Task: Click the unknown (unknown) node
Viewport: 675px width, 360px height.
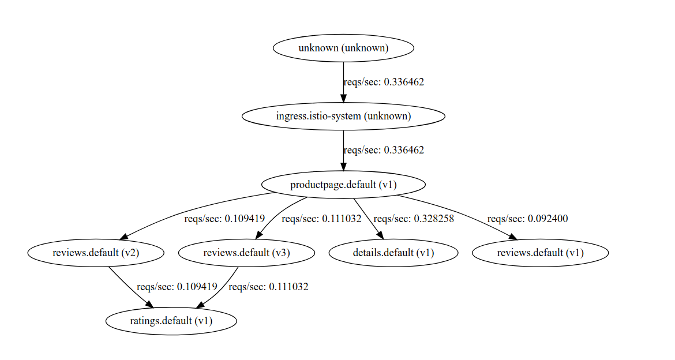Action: pos(343,48)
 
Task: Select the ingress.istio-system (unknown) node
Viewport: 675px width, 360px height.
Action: pos(343,116)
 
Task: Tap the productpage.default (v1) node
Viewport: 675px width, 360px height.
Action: pos(343,185)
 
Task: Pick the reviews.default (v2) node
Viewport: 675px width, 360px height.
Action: pos(96,253)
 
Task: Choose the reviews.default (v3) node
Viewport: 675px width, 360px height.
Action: pos(246,253)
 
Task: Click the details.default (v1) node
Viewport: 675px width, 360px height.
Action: pos(393,253)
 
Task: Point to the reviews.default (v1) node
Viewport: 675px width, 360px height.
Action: pos(540,253)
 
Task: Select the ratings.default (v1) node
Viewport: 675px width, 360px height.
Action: pos(171,321)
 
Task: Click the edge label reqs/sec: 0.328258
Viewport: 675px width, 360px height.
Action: pos(414,219)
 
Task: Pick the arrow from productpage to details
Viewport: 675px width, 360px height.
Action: pos(367,217)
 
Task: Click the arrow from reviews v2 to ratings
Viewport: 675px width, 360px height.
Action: pos(129,287)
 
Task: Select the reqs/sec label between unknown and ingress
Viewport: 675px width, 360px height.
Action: pos(384,82)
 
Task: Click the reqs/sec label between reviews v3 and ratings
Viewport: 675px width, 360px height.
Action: pos(268,287)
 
